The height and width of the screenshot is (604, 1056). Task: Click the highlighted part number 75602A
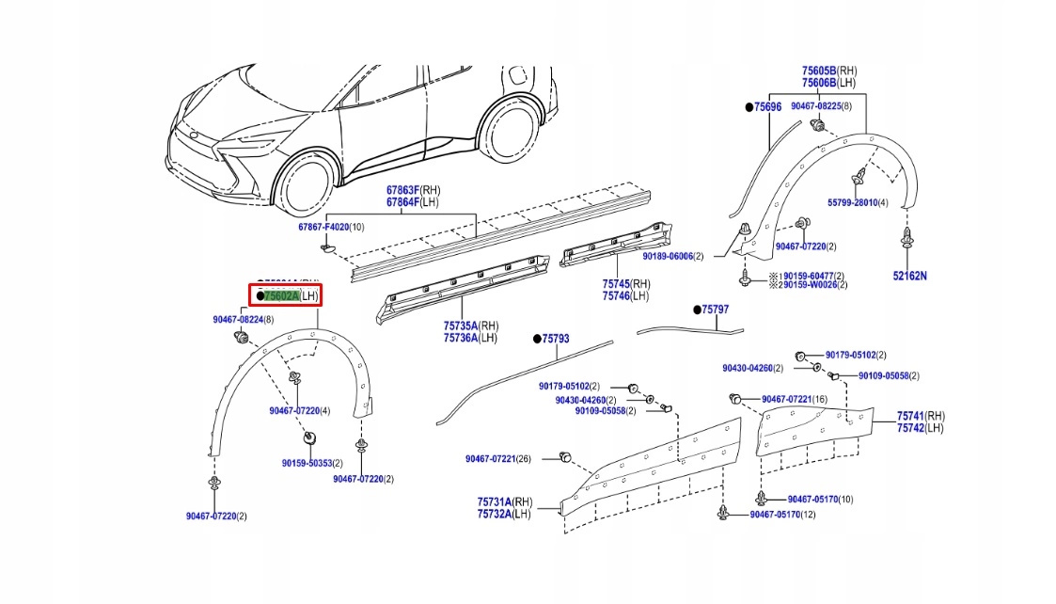coord(281,295)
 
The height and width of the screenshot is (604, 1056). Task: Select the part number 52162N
coord(909,276)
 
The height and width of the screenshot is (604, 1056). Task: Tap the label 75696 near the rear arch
coord(767,107)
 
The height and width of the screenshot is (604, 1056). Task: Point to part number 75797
coord(715,310)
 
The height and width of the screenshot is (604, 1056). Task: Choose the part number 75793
coord(555,339)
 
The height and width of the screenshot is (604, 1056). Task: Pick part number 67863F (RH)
coord(404,190)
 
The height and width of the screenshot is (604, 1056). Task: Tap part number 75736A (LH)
coord(461,338)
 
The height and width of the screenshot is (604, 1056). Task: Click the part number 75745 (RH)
coord(616,283)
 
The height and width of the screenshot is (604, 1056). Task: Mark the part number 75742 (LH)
coord(910,428)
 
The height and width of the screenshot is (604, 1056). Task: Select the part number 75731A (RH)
coord(495,502)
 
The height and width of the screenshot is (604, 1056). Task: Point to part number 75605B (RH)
coord(819,71)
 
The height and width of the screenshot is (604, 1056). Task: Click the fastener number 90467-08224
coord(239,320)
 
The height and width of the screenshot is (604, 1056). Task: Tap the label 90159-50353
coord(307,463)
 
